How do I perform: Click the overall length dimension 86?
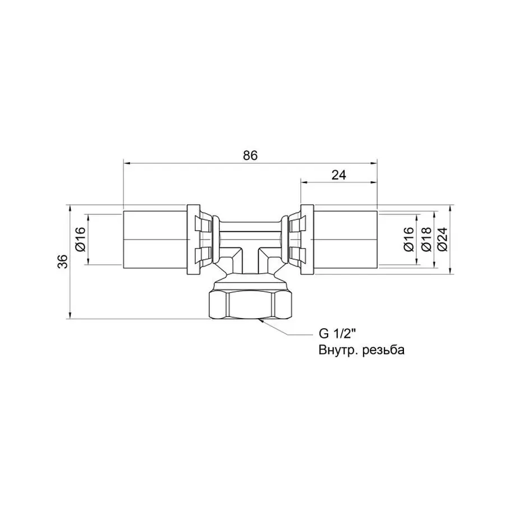[250, 156]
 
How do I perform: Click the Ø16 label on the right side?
[408, 240]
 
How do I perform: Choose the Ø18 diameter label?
[425, 240]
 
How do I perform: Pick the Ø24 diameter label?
[443, 240]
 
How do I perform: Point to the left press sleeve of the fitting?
[155, 240]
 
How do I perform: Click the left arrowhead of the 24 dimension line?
[304, 181]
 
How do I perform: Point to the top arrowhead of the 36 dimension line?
[70, 206]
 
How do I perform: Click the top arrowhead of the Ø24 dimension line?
[451, 206]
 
